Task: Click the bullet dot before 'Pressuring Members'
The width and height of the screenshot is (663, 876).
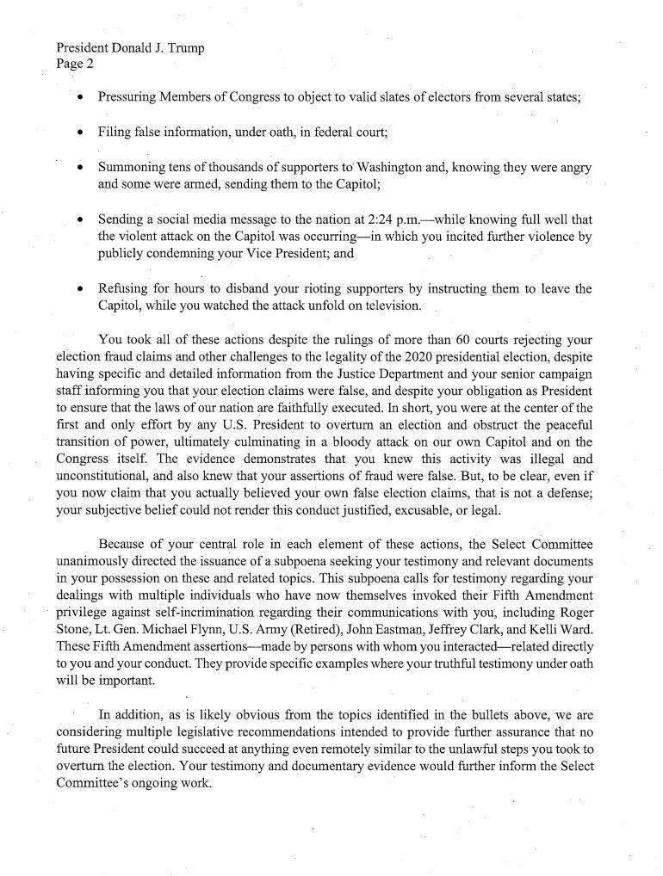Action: point(80,97)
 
